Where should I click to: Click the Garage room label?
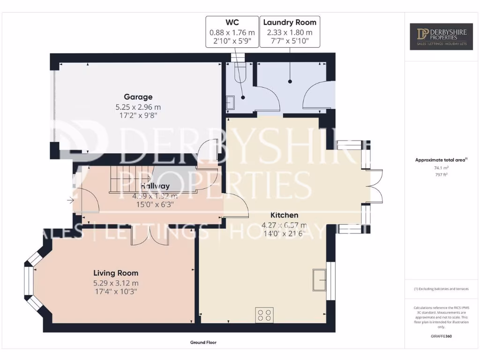(138, 97)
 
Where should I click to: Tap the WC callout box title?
(232, 22)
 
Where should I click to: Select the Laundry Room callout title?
(290, 22)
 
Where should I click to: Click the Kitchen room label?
(284, 215)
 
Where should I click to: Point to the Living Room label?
(116, 273)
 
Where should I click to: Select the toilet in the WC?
(239, 70)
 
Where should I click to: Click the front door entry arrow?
(70, 201)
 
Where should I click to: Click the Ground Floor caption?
(203, 343)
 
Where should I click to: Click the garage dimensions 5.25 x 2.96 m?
(138, 107)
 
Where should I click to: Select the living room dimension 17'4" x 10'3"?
(116, 292)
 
